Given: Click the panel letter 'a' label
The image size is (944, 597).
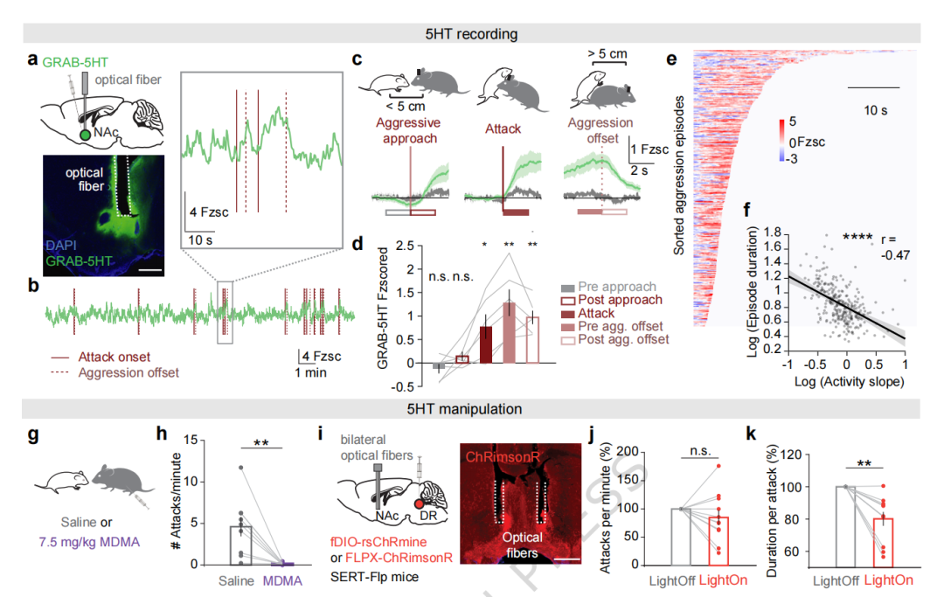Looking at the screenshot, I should point(32,61).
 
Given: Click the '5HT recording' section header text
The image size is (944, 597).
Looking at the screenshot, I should point(471,34).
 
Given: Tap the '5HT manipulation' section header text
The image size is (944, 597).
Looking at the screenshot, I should point(471,408).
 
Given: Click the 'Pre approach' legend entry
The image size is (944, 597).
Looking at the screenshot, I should point(617,286).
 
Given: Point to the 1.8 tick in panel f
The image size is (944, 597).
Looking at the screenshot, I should point(771,233).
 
